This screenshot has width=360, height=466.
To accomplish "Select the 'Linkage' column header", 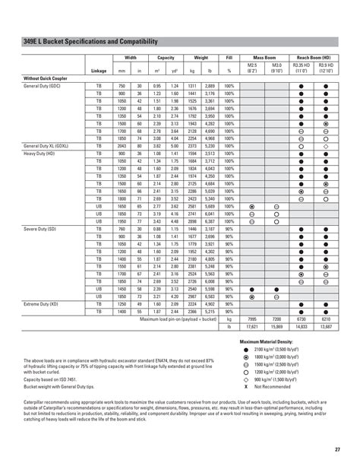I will click(x=99, y=71).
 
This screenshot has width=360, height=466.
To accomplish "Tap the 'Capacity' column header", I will click(x=166, y=57).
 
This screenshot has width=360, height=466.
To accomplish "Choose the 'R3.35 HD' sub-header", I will click(x=302, y=68).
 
